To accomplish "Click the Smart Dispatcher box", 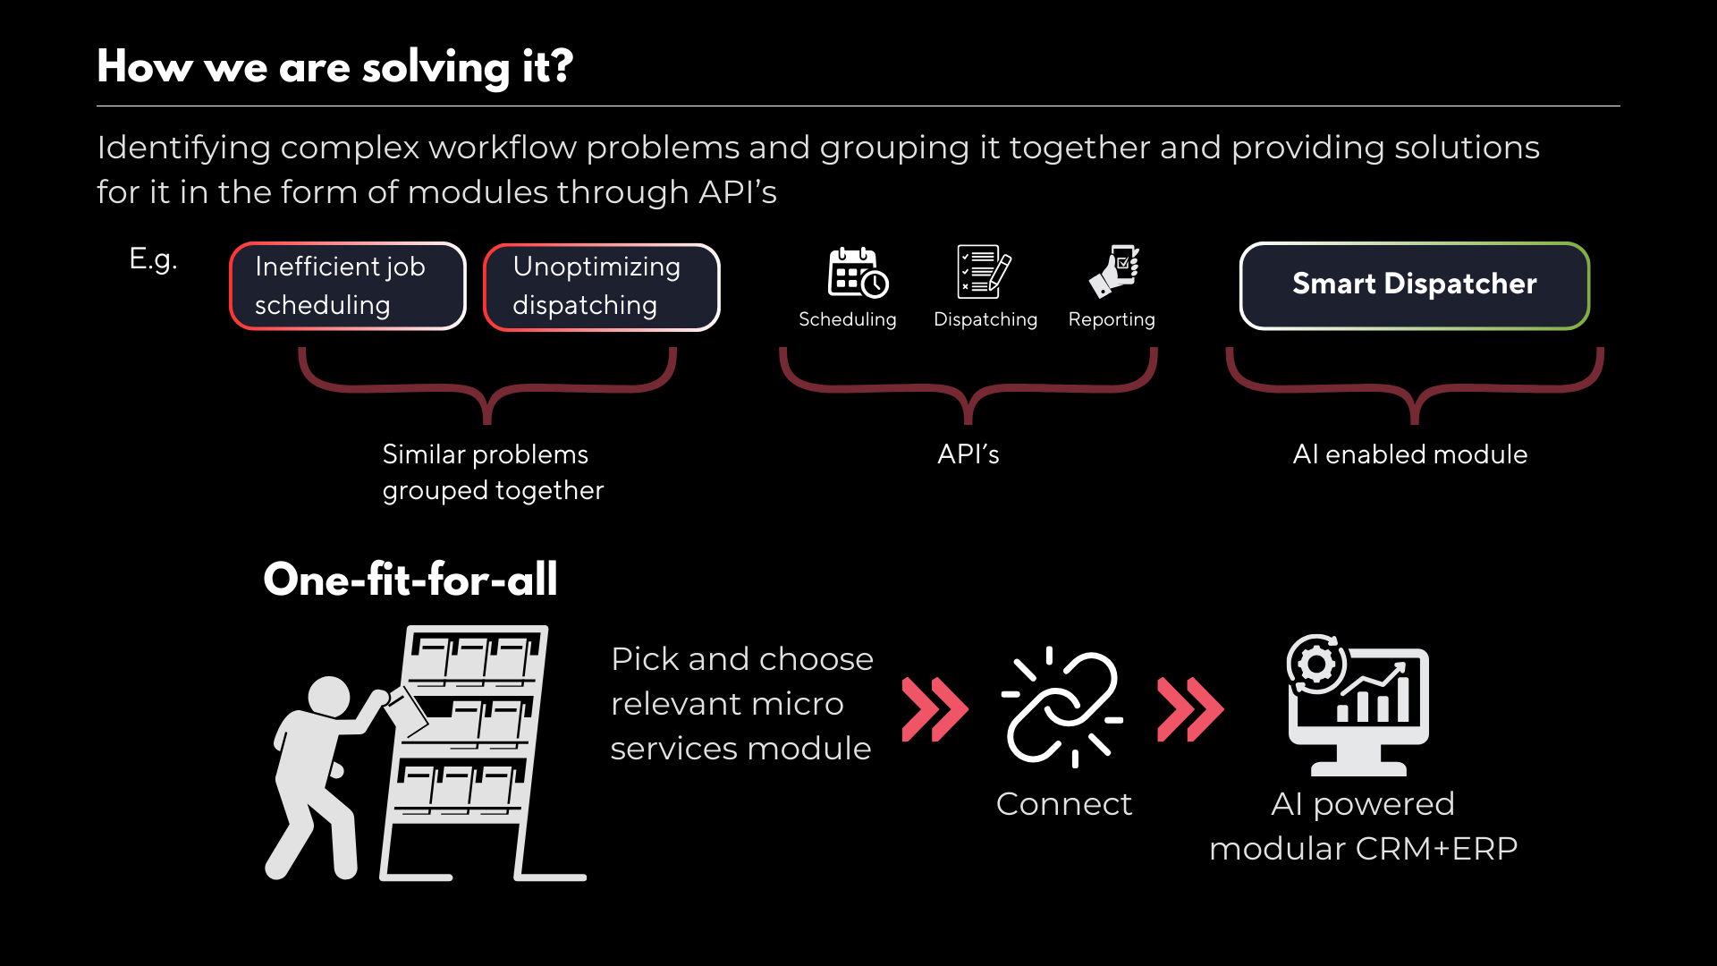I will click(1414, 285).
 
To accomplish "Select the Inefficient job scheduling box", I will click(347, 286).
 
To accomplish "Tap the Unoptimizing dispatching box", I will click(601, 286).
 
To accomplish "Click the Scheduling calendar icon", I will click(857, 272).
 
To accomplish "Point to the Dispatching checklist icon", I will click(983, 271).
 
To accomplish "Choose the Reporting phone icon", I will click(1114, 271).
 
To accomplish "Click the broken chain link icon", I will click(1062, 707).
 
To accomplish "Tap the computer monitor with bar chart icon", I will click(1358, 707).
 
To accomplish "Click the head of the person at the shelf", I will click(328, 697).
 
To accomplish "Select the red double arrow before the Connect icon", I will click(935, 709).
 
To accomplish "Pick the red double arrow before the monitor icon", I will click(1189, 709).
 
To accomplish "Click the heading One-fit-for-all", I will click(410, 580).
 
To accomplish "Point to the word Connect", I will click(1063, 804).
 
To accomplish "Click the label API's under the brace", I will click(968, 454).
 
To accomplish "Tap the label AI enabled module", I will click(1409, 454).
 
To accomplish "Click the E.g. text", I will click(153, 259).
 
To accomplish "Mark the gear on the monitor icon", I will click(1316, 664).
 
